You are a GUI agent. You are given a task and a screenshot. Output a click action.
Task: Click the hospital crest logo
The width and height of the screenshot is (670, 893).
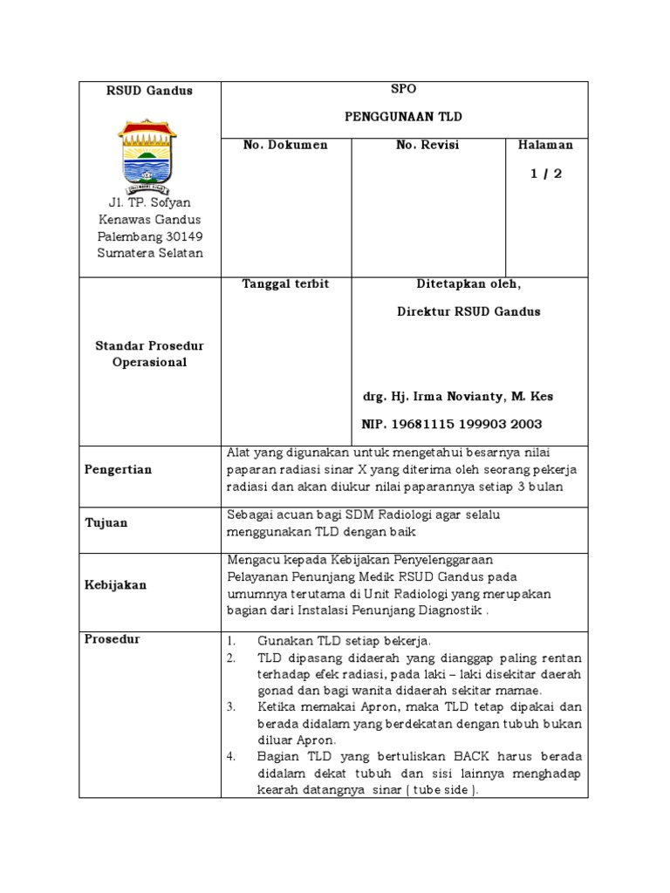(148, 154)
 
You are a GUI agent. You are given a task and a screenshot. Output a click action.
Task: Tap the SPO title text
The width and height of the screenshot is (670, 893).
(405, 90)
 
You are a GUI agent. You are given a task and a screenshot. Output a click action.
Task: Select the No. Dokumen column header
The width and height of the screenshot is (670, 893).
(285, 145)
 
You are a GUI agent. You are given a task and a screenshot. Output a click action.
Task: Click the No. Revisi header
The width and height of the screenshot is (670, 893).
(427, 145)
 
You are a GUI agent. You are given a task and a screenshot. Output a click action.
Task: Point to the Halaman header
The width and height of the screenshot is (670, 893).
(546, 145)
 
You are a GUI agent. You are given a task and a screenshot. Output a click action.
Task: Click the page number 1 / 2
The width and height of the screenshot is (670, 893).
(546, 174)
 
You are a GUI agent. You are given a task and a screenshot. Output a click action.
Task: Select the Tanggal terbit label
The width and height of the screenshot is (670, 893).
(285, 285)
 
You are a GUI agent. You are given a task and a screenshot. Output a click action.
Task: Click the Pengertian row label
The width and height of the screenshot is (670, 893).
(118, 469)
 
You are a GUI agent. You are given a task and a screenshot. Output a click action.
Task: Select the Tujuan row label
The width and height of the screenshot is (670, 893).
(106, 522)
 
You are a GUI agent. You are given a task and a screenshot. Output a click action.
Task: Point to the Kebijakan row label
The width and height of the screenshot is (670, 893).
(115, 585)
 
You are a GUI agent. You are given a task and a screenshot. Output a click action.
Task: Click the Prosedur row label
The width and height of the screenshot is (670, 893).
(112, 639)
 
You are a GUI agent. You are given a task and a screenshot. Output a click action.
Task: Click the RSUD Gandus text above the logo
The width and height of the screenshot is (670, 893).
(137, 91)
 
